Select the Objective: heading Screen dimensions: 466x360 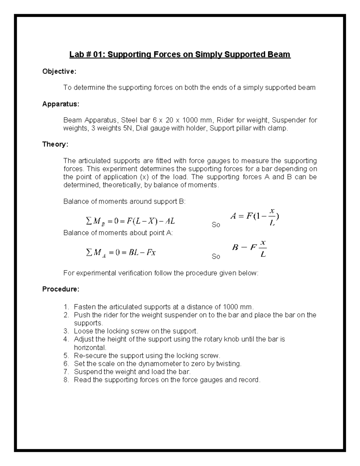[x=59, y=71]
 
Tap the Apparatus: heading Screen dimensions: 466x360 [x=61, y=104]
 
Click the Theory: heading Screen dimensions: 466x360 [x=55, y=144]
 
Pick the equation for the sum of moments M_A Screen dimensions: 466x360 [x=121, y=253]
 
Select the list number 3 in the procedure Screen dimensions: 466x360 [x=66, y=331]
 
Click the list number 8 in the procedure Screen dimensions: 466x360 [x=66, y=380]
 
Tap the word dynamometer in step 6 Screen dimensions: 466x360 [x=157, y=364]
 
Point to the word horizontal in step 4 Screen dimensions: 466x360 [x=89, y=347]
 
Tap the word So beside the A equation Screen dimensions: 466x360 [x=216, y=225]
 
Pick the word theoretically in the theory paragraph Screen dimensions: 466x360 [x=121, y=185]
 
